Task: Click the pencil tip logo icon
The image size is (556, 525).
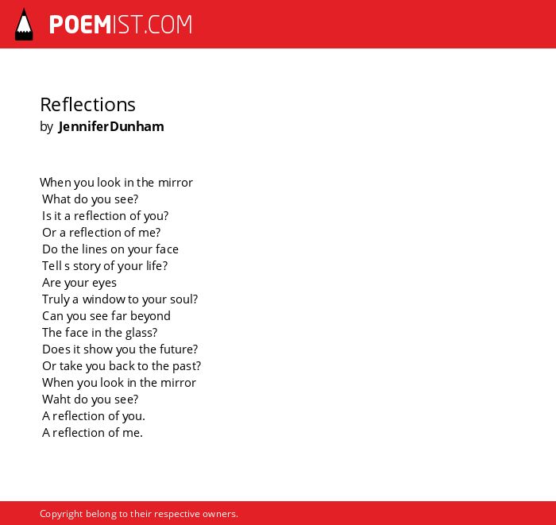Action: (x=24, y=25)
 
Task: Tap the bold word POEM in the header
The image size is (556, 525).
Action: (x=80, y=25)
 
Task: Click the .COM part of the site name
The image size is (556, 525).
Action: (x=168, y=25)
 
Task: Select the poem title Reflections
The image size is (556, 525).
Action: (x=87, y=105)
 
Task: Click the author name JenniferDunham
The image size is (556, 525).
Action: (x=111, y=126)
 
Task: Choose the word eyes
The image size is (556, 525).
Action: (x=104, y=284)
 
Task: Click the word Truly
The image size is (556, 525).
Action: (x=56, y=299)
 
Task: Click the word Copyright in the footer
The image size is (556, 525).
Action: (x=61, y=514)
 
